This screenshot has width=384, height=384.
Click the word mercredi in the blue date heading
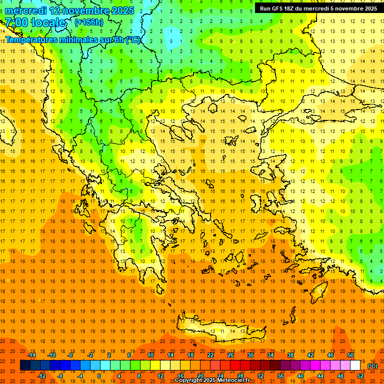(x=26, y=10)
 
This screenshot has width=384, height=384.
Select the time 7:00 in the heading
(x=16, y=22)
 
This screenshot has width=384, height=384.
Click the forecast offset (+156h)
(x=88, y=22)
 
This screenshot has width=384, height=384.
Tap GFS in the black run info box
(x=277, y=8)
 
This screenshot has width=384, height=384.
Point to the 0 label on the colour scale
(x=99, y=376)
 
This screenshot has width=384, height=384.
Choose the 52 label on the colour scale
(x=360, y=376)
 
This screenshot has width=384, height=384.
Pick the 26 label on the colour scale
(x=230, y=355)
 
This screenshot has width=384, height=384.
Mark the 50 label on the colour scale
(x=350, y=355)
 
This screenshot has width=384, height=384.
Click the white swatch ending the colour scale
(x=355, y=365)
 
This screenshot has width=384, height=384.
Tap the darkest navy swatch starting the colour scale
(x=25, y=365)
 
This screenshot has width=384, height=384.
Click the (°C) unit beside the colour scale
(x=372, y=366)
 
